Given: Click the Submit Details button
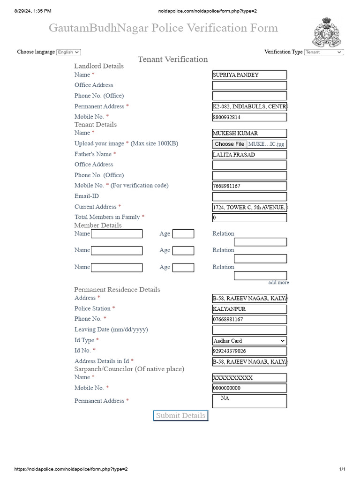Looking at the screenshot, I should [x=180, y=416].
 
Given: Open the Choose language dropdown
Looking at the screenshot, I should [x=68, y=52].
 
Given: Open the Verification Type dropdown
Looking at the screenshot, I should [x=323, y=52].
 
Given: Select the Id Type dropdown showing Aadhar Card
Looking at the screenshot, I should [x=249, y=341].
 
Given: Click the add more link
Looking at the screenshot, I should [x=278, y=283].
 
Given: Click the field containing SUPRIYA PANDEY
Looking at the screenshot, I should [x=249, y=75].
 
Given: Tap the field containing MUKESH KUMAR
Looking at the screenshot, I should [x=249, y=134].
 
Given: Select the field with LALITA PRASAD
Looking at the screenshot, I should [x=249, y=155].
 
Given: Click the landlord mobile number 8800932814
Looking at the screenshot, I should [x=249, y=117].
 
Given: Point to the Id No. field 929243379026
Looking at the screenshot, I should [x=249, y=351].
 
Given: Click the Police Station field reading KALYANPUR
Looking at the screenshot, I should [x=249, y=309].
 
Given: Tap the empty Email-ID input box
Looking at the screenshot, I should [x=249, y=197].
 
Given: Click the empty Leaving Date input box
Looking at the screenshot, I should [x=249, y=330].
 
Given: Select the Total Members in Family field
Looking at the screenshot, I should [x=249, y=217].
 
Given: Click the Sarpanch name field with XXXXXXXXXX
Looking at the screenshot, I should [x=249, y=378].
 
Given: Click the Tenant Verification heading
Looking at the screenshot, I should [x=173, y=59].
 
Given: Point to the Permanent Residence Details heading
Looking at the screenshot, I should [x=117, y=290].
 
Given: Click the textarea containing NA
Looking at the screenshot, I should [x=249, y=401].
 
